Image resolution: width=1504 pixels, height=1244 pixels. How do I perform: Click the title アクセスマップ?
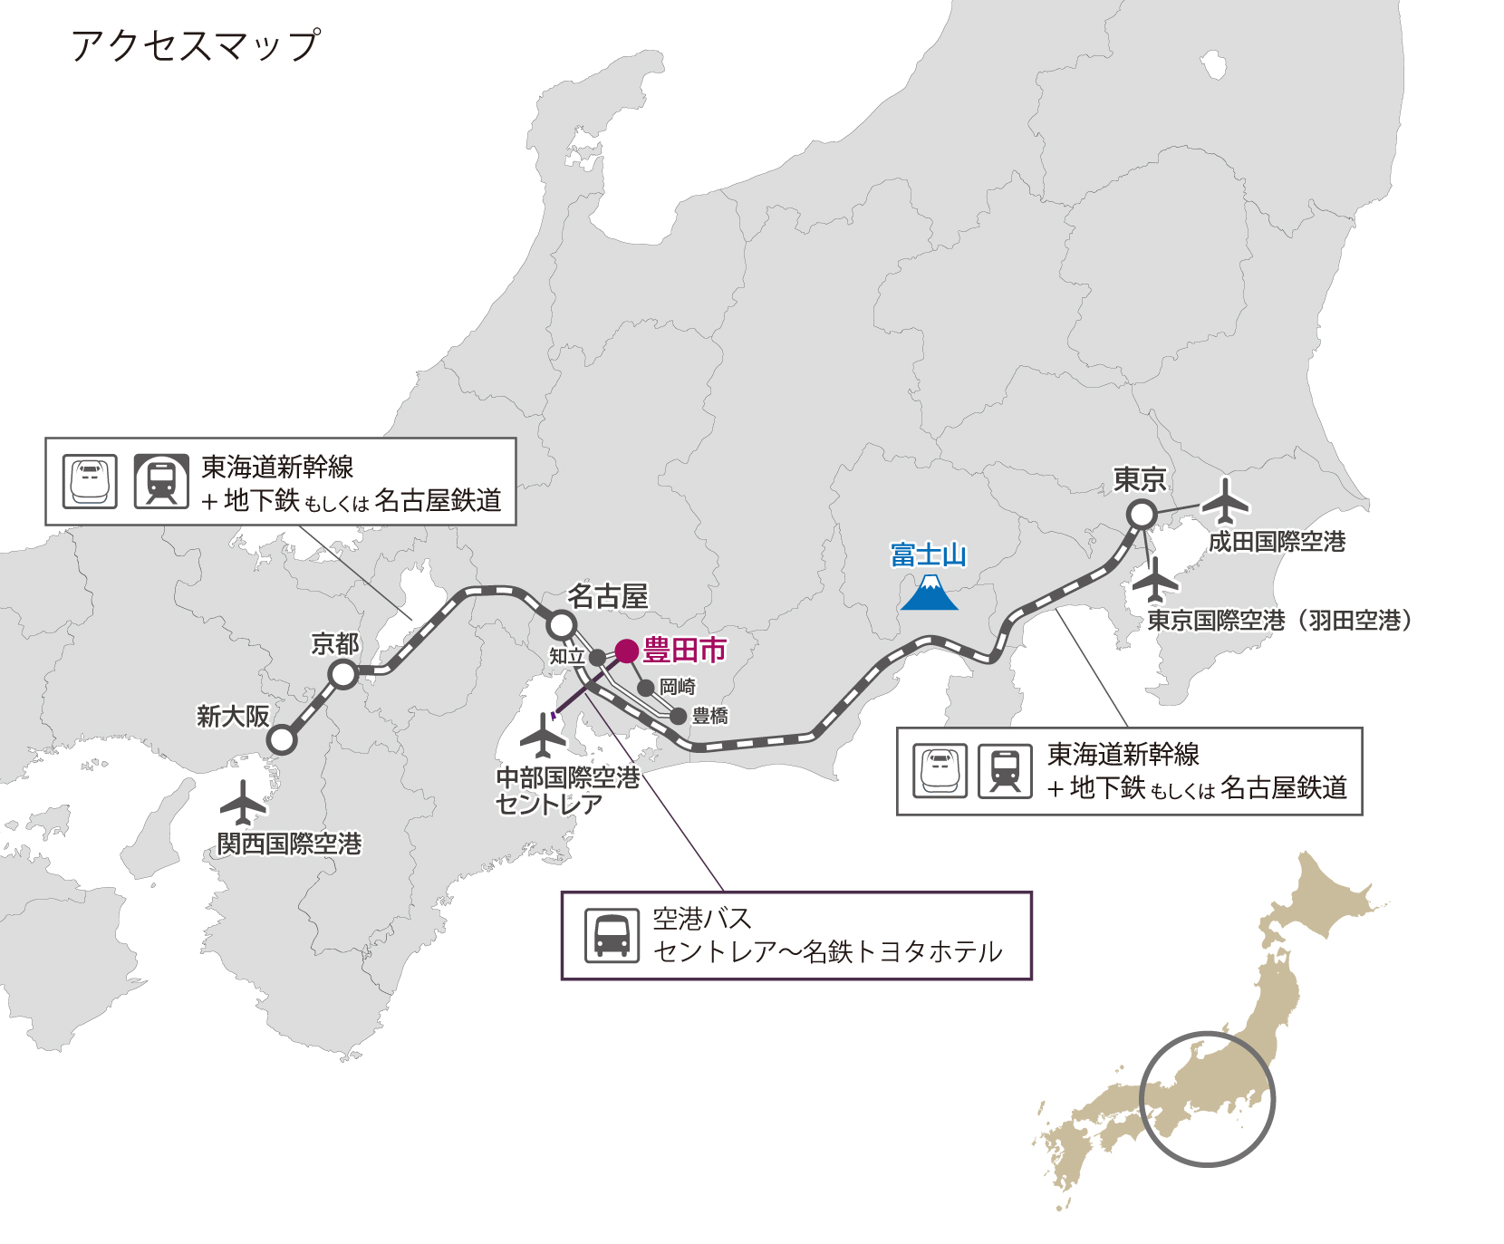pyautogui.click(x=195, y=45)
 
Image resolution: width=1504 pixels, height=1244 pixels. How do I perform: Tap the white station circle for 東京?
pyautogui.click(x=1142, y=515)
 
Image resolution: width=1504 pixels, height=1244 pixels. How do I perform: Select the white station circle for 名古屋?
pyautogui.click(x=562, y=624)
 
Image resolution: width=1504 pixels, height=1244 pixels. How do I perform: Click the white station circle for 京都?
pyautogui.click(x=343, y=674)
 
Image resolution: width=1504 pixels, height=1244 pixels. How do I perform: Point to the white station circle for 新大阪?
pyautogui.click(x=283, y=739)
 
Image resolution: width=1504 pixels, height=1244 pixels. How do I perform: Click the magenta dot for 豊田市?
pyautogui.click(x=627, y=651)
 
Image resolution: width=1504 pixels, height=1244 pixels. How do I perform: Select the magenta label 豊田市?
pyautogui.click(x=685, y=651)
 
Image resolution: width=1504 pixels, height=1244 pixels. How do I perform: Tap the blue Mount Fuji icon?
pyautogui.click(x=930, y=593)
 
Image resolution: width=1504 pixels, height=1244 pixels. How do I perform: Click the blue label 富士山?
pyautogui.click(x=929, y=554)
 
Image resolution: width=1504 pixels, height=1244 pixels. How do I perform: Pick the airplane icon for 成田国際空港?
pyautogui.click(x=1225, y=501)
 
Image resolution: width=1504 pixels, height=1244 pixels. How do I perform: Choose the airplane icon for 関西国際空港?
pyautogui.click(x=243, y=802)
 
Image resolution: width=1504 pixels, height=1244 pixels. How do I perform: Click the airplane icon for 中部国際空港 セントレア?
pyautogui.click(x=544, y=735)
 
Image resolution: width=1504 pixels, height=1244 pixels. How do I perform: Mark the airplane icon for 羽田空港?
pyautogui.click(x=1155, y=581)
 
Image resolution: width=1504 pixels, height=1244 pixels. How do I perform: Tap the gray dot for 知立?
pyautogui.click(x=597, y=658)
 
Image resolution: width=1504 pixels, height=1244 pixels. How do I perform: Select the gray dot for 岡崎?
pyautogui.click(x=646, y=688)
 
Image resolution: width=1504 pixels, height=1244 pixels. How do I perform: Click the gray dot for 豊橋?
pyautogui.click(x=678, y=717)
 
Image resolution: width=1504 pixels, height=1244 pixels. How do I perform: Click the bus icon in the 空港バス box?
pyautogui.click(x=612, y=935)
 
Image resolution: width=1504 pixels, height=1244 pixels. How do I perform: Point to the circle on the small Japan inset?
pyautogui.click(x=1207, y=1099)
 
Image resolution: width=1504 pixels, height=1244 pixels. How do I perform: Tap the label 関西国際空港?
pyautogui.click(x=289, y=844)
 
